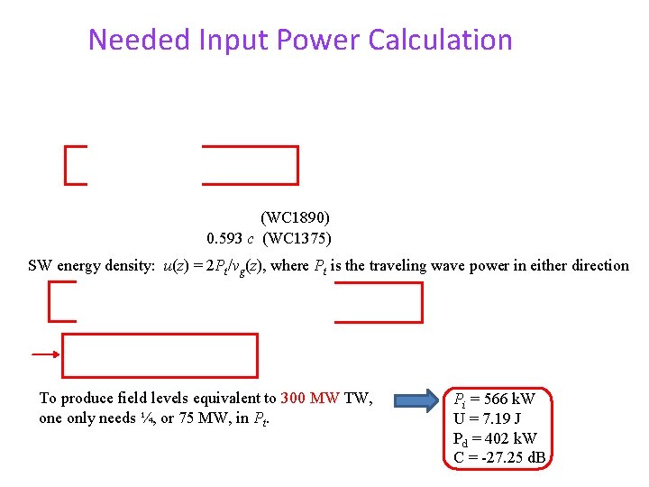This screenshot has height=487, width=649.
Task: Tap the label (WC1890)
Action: click(296, 217)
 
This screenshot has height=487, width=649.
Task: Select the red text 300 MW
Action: click(310, 398)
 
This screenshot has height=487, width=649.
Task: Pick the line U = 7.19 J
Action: click(488, 418)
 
